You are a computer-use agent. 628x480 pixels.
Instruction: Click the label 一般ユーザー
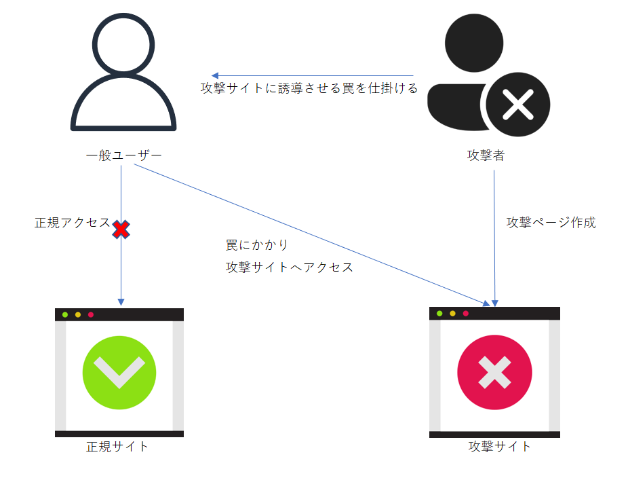coord(123,155)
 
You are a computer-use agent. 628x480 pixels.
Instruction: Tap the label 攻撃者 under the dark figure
coord(486,155)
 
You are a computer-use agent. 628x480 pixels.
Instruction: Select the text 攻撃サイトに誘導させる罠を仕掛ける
coord(309,88)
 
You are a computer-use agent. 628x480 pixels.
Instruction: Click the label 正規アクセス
coord(73,223)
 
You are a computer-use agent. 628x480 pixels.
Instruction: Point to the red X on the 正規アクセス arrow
coord(121,229)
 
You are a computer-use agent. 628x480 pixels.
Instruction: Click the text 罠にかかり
coord(257,244)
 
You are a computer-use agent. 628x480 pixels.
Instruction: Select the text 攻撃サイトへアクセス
coord(289,267)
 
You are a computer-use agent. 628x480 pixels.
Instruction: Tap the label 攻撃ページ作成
coord(551,223)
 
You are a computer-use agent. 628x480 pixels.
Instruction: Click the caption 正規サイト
coord(117,446)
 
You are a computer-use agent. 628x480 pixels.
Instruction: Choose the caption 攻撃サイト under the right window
coord(500,446)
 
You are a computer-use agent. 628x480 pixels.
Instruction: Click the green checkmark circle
coord(119,373)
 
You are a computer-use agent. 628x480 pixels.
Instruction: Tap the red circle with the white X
coord(494,373)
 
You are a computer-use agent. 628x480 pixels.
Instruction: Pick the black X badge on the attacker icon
coord(518,105)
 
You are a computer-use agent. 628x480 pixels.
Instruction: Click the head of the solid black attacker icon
coord(474,43)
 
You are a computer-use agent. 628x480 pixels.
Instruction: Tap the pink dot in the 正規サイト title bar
coord(91,315)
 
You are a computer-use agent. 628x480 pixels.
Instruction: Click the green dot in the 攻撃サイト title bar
coord(439,314)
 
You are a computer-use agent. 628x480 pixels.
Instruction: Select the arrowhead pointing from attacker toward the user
coord(215,75)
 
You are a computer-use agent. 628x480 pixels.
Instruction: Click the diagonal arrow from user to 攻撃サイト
coord(312,235)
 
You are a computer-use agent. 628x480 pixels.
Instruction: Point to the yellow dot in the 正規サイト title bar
coord(78,315)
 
